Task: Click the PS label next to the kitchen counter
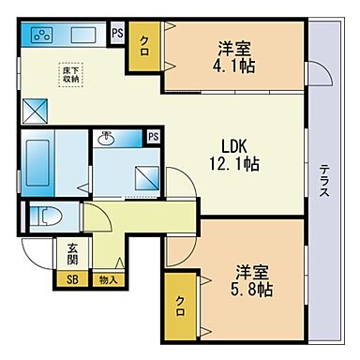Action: pos(117,33)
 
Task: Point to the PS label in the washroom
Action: pos(152,137)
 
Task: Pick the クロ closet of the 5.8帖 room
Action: pos(180,306)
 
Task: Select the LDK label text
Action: pos(233,146)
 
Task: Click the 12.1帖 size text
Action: pos(239,164)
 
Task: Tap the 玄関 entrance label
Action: pos(72,254)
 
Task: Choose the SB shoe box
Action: pos(70,279)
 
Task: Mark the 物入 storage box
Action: pos(108,279)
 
